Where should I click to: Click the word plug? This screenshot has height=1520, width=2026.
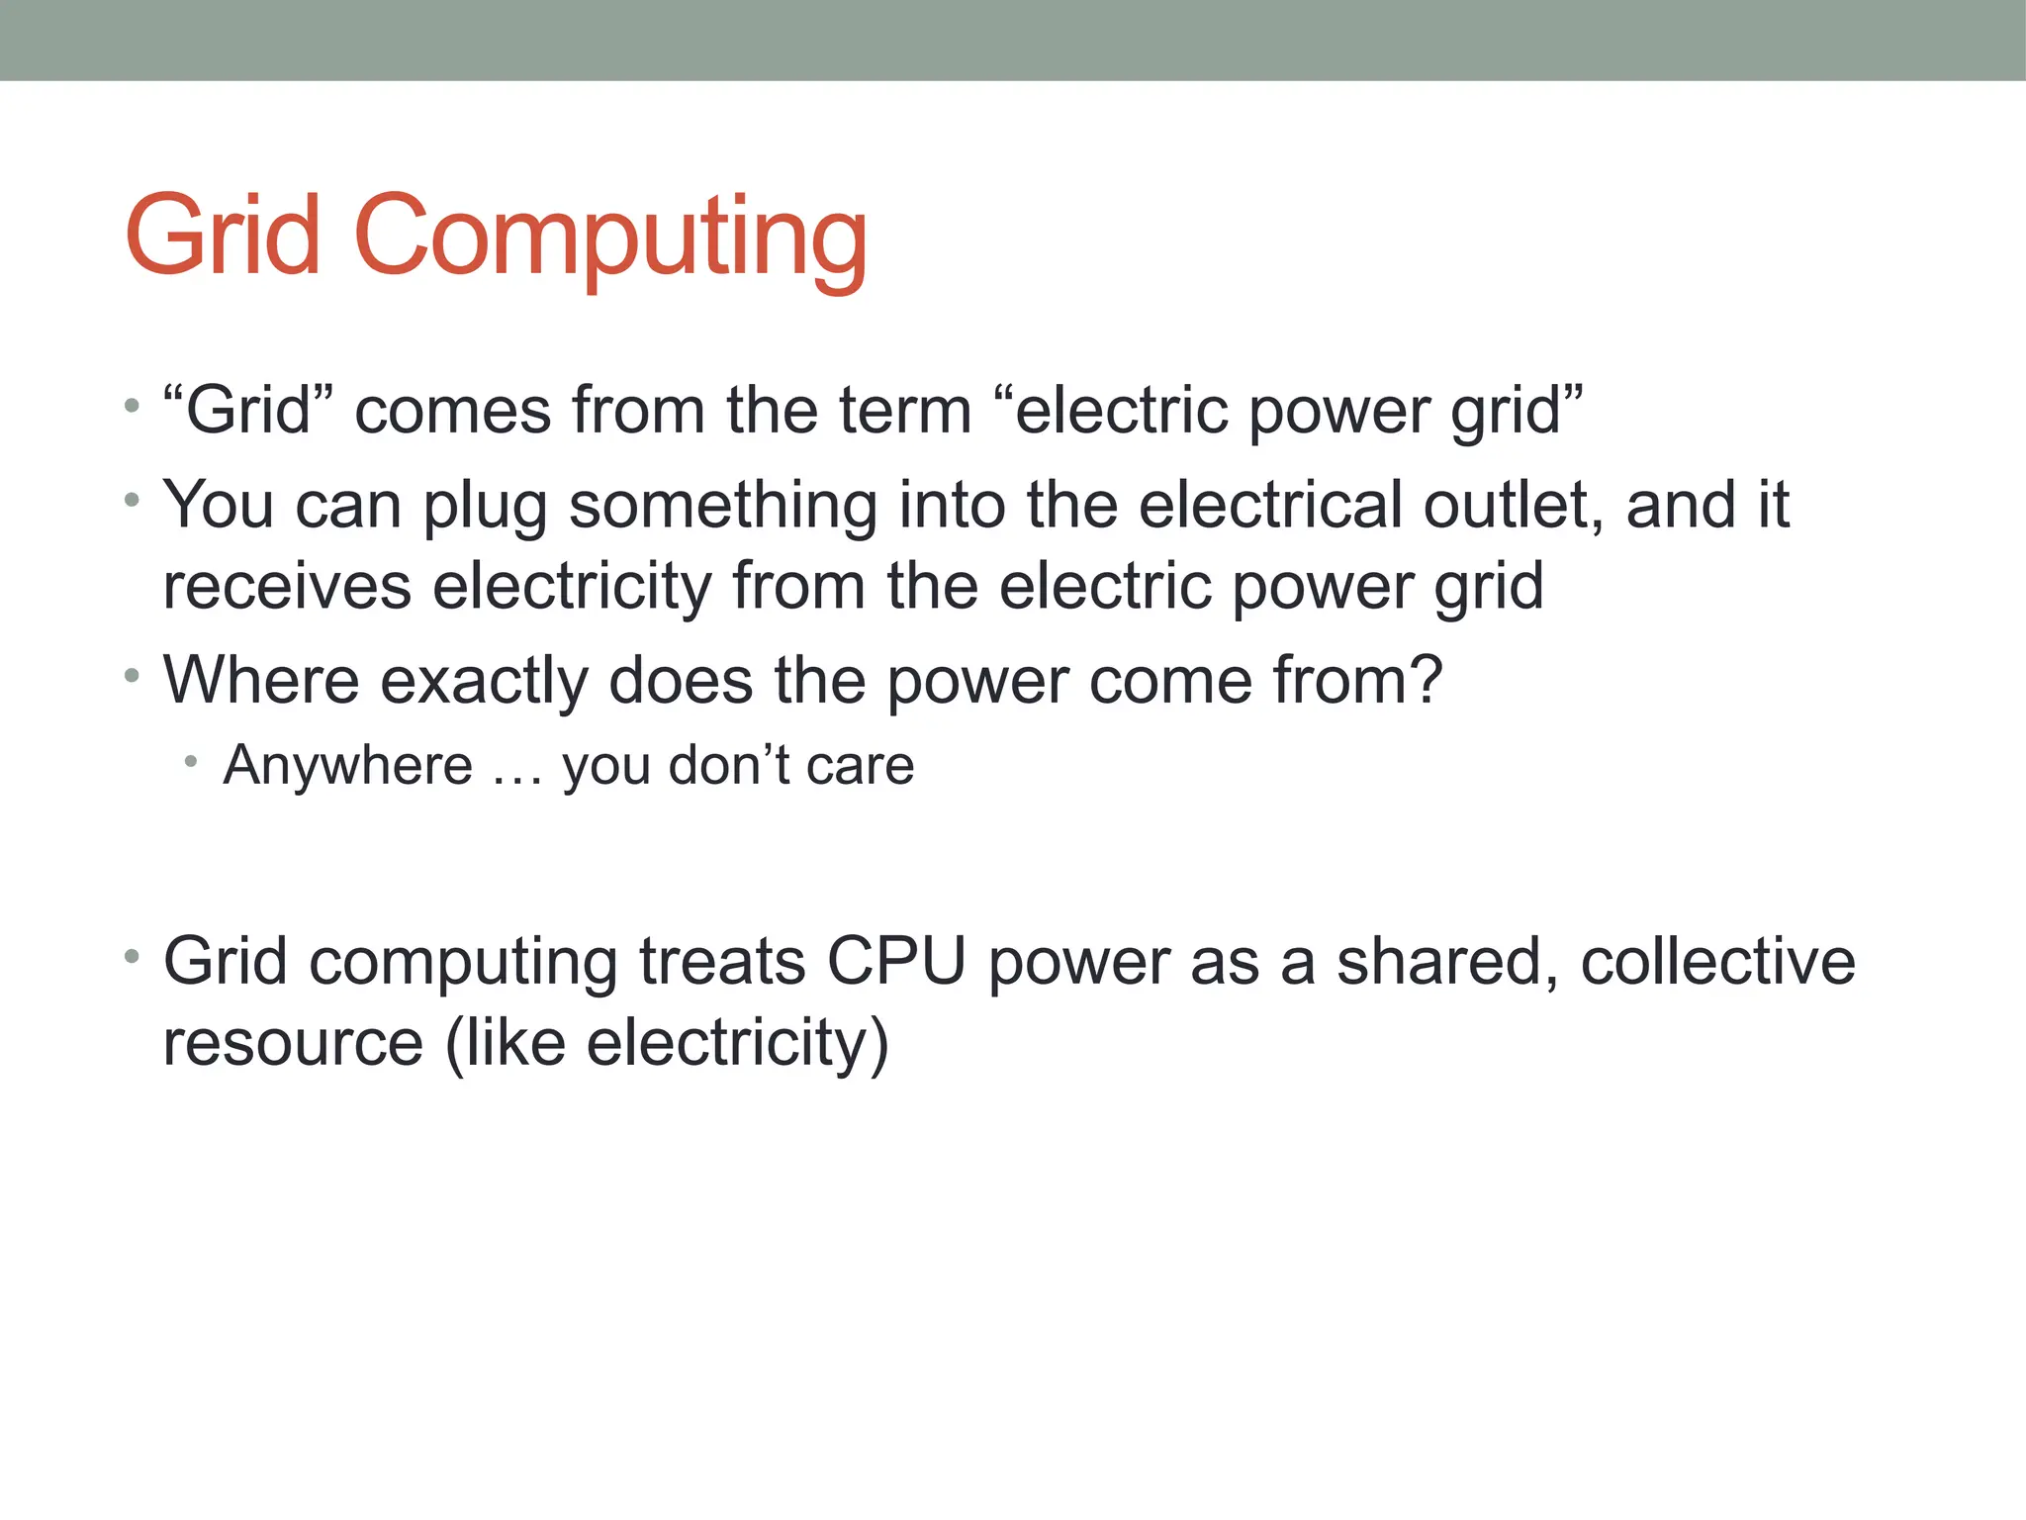485,507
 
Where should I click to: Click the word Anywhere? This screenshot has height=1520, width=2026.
348,766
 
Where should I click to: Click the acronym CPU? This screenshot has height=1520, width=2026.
896,961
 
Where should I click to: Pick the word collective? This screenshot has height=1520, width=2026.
1717,961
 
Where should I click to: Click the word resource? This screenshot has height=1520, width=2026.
293,1044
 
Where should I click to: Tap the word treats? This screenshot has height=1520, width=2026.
722,961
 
